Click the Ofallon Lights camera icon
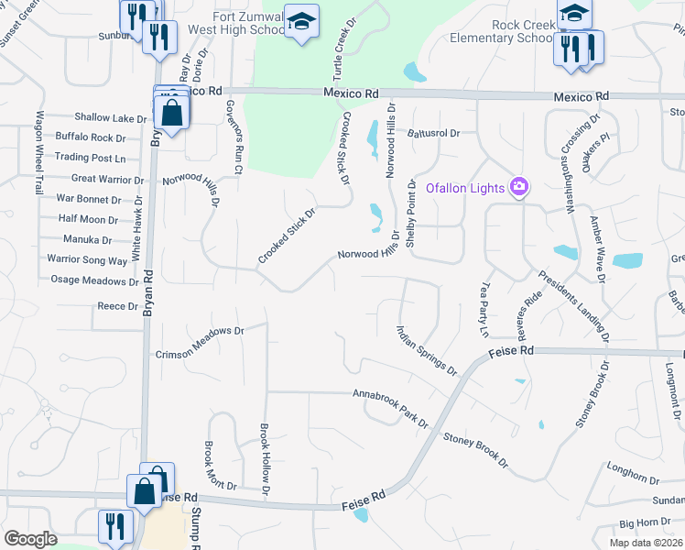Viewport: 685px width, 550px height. [x=519, y=187]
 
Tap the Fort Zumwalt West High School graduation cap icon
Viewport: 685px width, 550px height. [x=300, y=21]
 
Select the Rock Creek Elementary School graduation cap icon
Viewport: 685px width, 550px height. [x=574, y=12]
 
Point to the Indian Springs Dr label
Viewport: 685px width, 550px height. [x=427, y=350]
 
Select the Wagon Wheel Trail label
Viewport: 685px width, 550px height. [x=39, y=153]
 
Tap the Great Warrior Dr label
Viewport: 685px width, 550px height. [x=107, y=179]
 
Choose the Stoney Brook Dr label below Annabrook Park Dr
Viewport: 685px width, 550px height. [x=475, y=451]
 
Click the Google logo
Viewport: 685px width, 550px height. [x=30, y=539]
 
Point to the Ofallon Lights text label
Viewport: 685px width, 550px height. [x=465, y=188]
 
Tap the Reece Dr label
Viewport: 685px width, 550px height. [x=116, y=306]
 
